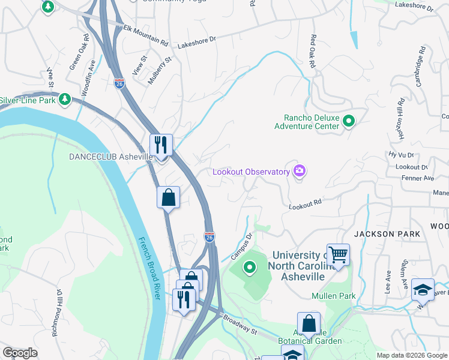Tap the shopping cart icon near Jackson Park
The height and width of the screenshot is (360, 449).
click(x=338, y=255)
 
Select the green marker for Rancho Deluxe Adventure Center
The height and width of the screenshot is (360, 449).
click(x=349, y=122)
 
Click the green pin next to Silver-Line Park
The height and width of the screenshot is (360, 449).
click(x=65, y=100)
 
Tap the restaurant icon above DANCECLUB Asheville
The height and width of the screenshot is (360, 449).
click(x=161, y=145)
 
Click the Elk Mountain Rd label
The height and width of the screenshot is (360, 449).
click(x=145, y=35)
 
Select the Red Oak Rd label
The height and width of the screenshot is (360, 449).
click(x=312, y=51)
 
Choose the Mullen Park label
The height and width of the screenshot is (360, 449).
click(x=334, y=296)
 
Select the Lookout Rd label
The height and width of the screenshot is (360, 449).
click(x=305, y=205)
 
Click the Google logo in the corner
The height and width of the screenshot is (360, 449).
click(x=20, y=352)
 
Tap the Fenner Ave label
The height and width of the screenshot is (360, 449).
click(x=420, y=178)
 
